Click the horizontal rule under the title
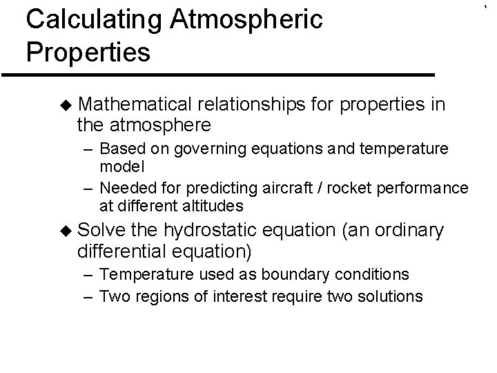[217, 74]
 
